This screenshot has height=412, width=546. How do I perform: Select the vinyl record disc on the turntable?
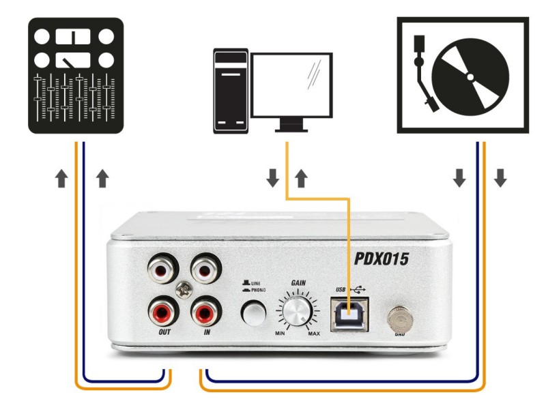(476, 80)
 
